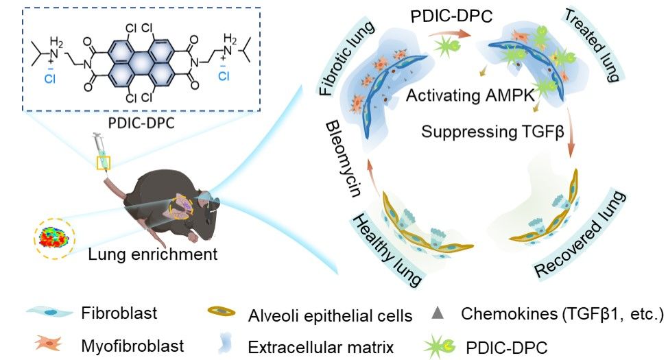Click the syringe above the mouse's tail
pos(102,157)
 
